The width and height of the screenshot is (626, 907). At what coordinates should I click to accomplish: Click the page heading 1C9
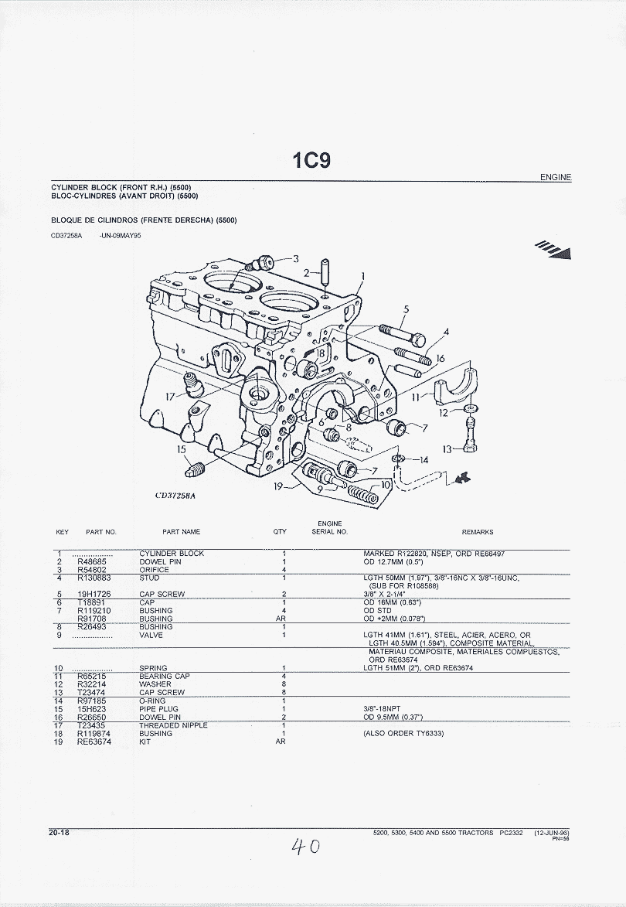(x=311, y=160)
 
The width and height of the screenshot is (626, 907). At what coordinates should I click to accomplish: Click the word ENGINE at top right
(x=556, y=177)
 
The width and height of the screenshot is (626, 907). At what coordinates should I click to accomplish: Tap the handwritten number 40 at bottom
(x=305, y=847)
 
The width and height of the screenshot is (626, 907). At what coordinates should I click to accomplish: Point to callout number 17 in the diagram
(x=170, y=397)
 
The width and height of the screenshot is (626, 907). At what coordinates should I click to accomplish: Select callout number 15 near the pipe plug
(x=182, y=449)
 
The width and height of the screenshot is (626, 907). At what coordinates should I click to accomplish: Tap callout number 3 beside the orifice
(x=295, y=258)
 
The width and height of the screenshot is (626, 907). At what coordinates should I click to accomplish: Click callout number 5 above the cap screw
(x=406, y=310)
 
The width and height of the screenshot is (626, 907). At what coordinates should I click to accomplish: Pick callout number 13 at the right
(x=447, y=449)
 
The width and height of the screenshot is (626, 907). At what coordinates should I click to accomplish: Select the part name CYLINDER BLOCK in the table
(x=172, y=554)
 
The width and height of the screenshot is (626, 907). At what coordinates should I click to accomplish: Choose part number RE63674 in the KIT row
(x=94, y=742)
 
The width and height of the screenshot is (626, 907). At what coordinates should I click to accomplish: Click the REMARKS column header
(x=477, y=532)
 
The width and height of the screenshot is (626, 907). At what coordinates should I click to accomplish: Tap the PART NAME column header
(x=181, y=532)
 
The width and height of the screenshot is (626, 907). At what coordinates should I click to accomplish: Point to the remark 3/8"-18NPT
(x=382, y=709)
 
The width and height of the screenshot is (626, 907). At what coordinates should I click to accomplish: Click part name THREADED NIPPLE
(x=173, y=725)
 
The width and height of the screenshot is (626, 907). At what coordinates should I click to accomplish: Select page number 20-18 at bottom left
(x=59, y=833)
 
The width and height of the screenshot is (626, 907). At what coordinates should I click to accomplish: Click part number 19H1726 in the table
(x=93, y=595)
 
